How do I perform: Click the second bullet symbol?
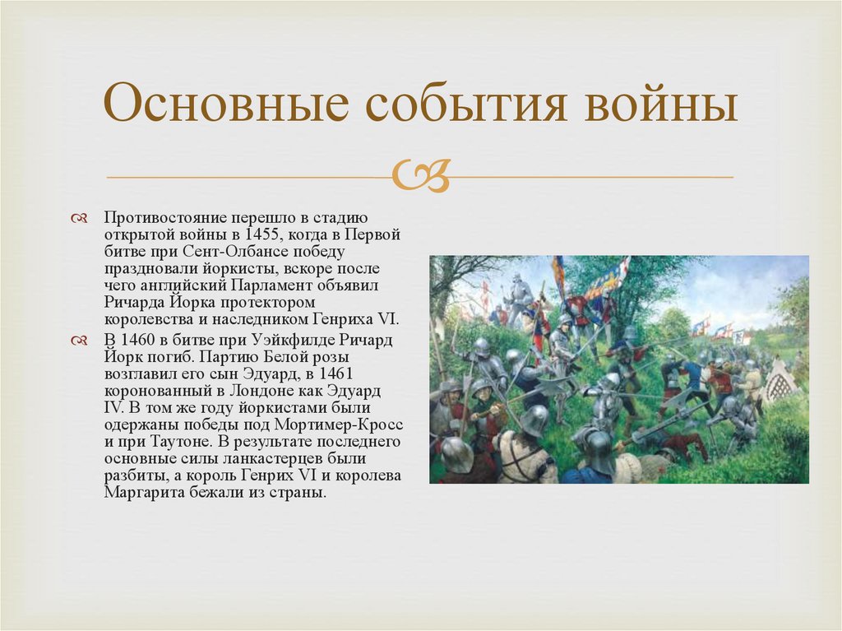click(79, 341)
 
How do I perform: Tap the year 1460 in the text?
click(137, 340)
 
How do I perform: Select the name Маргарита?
click(140, 493)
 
